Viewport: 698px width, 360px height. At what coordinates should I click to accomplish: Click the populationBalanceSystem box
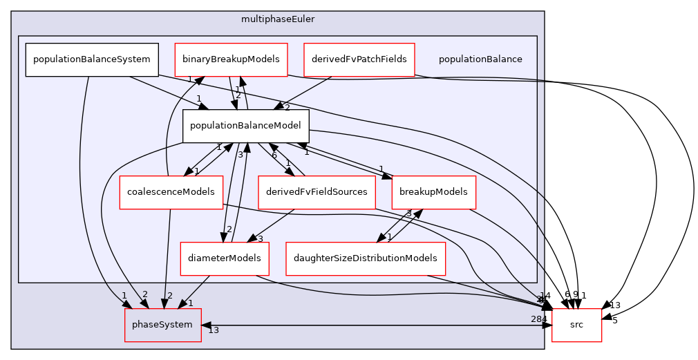pos(92,59)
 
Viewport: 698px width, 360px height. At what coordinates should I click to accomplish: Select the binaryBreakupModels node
pos(230,59)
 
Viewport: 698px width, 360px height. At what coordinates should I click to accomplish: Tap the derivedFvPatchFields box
pos(359,59)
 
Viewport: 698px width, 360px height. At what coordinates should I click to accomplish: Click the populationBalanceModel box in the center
pos(245,126)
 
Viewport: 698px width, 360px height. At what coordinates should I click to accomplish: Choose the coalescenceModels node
pos(171,192)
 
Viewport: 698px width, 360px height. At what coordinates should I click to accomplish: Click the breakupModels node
pos(433,192)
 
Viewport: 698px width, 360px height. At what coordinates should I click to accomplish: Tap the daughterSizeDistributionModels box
pos(366,258)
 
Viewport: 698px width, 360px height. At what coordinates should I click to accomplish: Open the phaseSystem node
pos(162,325)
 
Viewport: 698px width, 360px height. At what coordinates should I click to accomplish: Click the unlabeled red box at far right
pos(576,325)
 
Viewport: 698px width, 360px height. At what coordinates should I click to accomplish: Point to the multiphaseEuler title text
pos(278,19)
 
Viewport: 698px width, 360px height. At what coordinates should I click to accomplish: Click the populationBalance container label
pos(480,59)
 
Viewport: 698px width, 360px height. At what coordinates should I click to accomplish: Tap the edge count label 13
pos(214,330)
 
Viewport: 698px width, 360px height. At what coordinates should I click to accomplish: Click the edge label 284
pos(537,319)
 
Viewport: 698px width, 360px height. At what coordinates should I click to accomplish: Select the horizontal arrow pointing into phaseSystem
pos(373,325)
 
